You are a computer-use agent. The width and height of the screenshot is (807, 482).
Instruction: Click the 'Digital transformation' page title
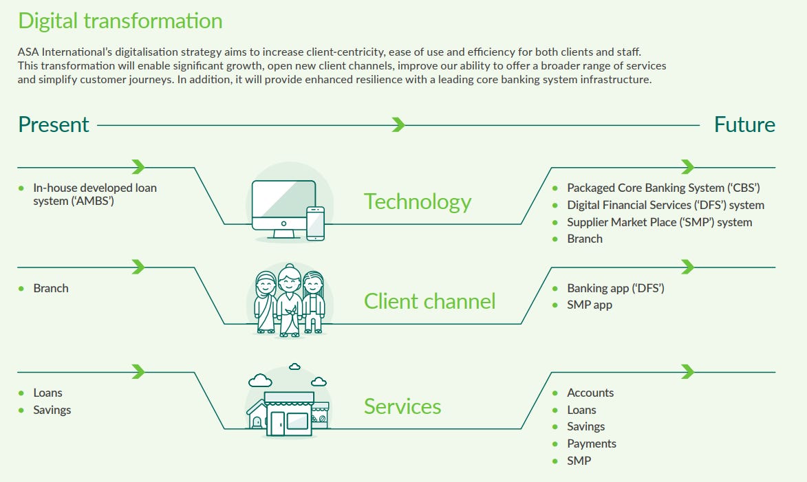tap(120, 21)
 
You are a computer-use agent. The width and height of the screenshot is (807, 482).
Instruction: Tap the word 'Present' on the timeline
tap(54, 124)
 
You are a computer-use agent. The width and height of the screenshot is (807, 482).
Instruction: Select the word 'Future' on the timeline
tap(744, 124)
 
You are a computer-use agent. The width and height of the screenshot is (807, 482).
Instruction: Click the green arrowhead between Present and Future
tap(398, 124)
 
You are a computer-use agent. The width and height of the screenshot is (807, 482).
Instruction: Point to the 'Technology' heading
tap(418, 201)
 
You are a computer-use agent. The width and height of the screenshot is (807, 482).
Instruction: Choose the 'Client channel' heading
tap(429, 301)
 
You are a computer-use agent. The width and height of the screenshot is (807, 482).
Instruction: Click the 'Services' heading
tap(402, 406)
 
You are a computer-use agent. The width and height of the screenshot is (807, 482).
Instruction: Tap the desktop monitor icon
tap(283, 206)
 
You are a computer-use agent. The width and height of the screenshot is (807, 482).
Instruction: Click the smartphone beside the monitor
tap(315, 223)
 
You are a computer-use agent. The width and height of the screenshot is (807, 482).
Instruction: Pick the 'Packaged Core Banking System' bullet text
tap(663, 188)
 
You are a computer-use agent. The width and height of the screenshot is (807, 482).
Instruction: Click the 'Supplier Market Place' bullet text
tap(659, 222)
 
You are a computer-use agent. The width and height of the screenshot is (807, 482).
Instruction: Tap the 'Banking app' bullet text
tap(616, 288)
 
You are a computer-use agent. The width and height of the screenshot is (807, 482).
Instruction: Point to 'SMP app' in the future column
tap(590, 305)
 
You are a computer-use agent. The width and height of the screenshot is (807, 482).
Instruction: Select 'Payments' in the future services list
tap(592, 443)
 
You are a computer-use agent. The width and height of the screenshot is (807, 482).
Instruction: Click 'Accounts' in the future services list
tap(590, 393)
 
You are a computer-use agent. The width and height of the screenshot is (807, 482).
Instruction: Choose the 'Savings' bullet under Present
tap(52, 410)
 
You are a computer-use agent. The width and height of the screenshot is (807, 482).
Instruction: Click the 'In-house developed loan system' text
tap(95, 194)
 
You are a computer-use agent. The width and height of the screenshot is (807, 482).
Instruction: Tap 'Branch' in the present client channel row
tap(51, 288)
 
